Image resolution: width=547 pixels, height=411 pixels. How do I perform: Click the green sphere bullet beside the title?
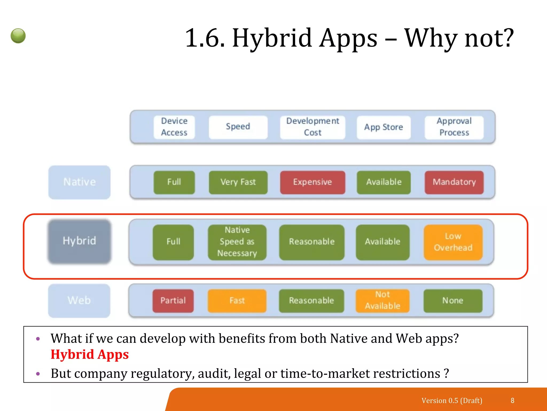point(18,36)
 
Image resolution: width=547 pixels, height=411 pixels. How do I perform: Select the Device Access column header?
point(174,127)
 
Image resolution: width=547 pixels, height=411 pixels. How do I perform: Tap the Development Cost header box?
point(312,127)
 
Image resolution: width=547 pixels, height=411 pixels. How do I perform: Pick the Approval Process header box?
point(454,127)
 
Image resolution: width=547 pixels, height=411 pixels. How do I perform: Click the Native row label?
point(79,182)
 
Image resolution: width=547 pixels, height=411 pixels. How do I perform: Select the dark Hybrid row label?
point(79,241)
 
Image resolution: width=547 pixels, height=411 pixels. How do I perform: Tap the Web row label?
point(79,300)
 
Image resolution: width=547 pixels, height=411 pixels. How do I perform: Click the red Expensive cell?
point(312,182)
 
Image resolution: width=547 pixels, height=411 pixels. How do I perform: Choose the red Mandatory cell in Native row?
point(454,182)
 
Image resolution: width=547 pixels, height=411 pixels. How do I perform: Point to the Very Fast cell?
point(238,182)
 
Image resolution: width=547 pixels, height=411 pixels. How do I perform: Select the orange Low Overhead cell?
point(453,242)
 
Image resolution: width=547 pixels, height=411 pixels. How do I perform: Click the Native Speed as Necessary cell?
point(237,242)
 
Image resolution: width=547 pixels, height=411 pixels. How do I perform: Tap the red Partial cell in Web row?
point(173,300)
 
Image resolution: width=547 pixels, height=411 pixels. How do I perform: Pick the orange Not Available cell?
point(382,300)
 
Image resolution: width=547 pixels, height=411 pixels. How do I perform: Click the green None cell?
point(453,300)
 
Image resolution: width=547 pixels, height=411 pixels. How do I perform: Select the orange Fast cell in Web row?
point(237,300)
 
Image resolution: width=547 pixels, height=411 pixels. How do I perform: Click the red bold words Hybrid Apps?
point(90,355)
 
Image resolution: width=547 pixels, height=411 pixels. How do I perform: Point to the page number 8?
point(512,401)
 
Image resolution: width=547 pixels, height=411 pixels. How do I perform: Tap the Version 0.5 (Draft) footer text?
point(452,401)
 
